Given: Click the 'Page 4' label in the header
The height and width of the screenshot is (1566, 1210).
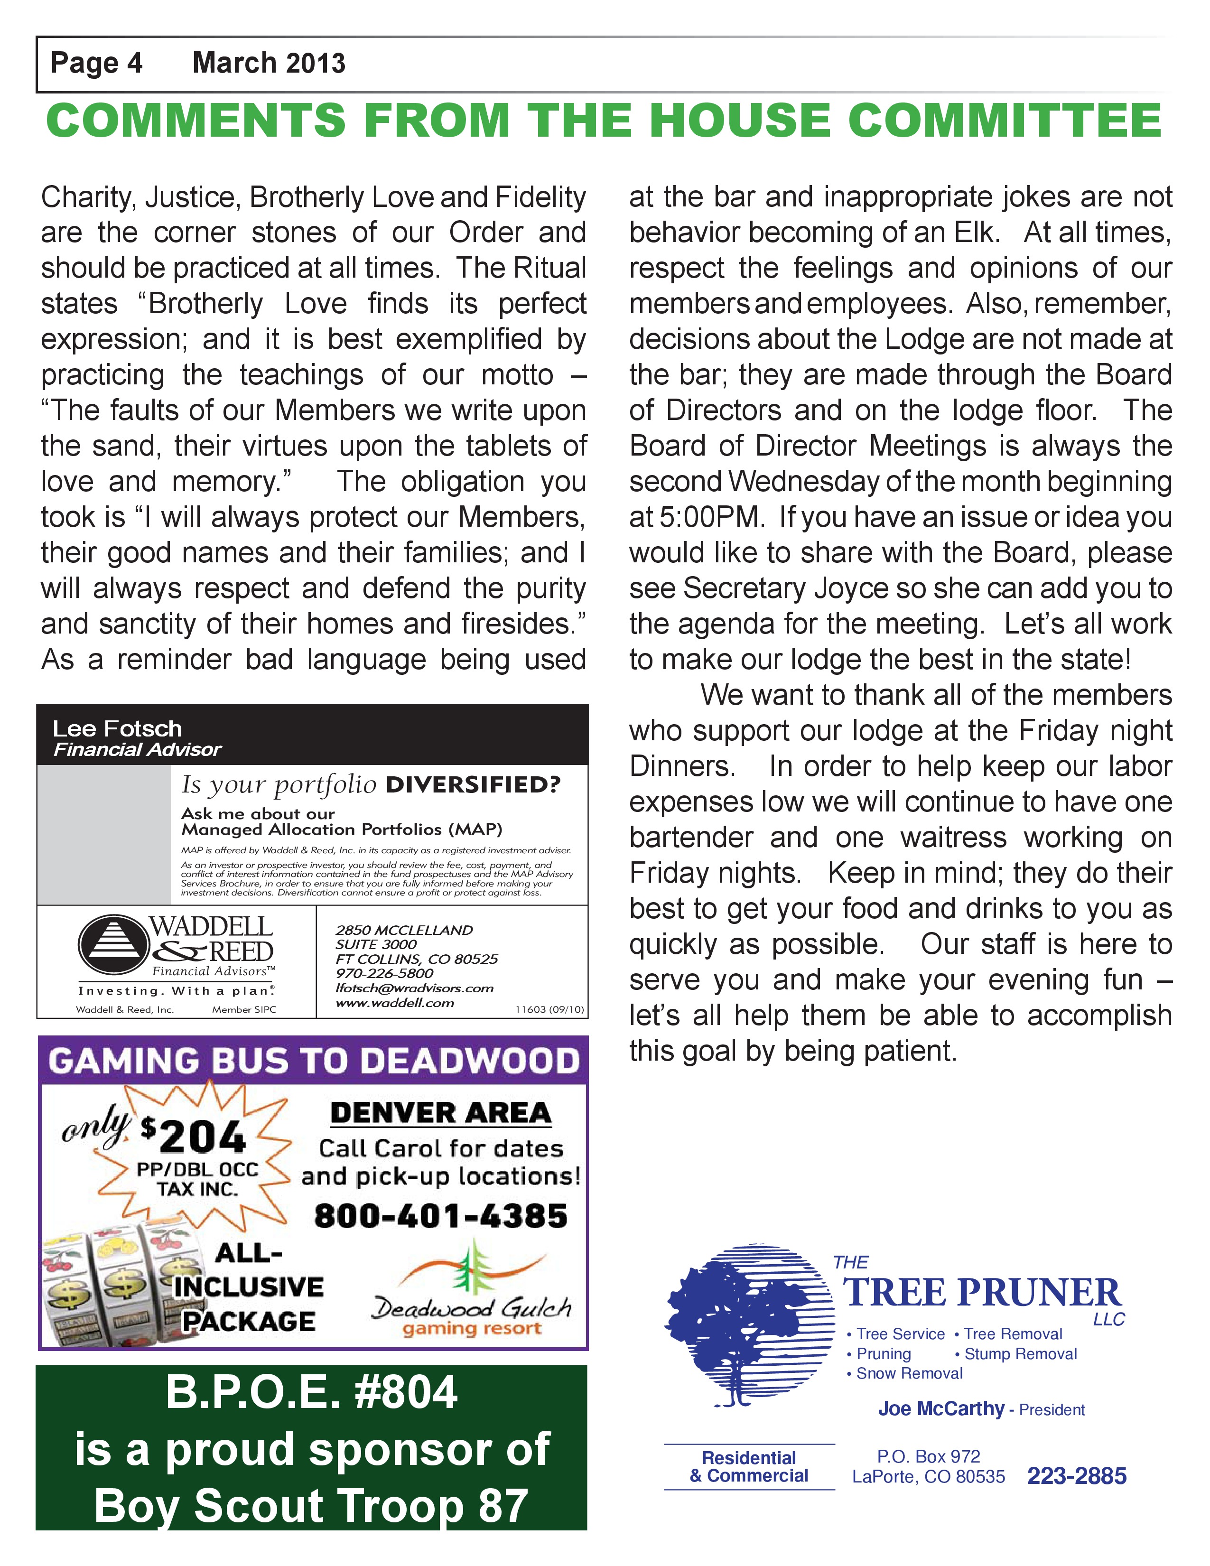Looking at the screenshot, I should (97, 63).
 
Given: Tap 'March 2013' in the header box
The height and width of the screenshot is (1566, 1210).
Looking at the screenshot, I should (269, 63).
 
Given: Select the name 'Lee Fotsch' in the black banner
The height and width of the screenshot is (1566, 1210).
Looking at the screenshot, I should (118, 728).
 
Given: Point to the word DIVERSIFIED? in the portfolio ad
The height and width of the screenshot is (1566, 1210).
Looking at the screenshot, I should (473, 784).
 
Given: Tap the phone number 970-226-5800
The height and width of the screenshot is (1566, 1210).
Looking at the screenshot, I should (384, 973).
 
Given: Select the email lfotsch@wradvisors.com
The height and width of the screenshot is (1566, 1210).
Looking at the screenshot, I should (414, 988).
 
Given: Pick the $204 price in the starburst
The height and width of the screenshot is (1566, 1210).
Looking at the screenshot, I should (194, 1137).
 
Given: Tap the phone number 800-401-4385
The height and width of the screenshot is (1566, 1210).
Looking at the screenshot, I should (441, 1216).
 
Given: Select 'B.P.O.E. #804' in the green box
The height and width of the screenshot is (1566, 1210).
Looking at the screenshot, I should (311, 1392).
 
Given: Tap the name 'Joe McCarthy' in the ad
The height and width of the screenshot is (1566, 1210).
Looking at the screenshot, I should (941, 1409).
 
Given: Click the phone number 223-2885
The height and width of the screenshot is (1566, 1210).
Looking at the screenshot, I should (1077, 1476).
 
